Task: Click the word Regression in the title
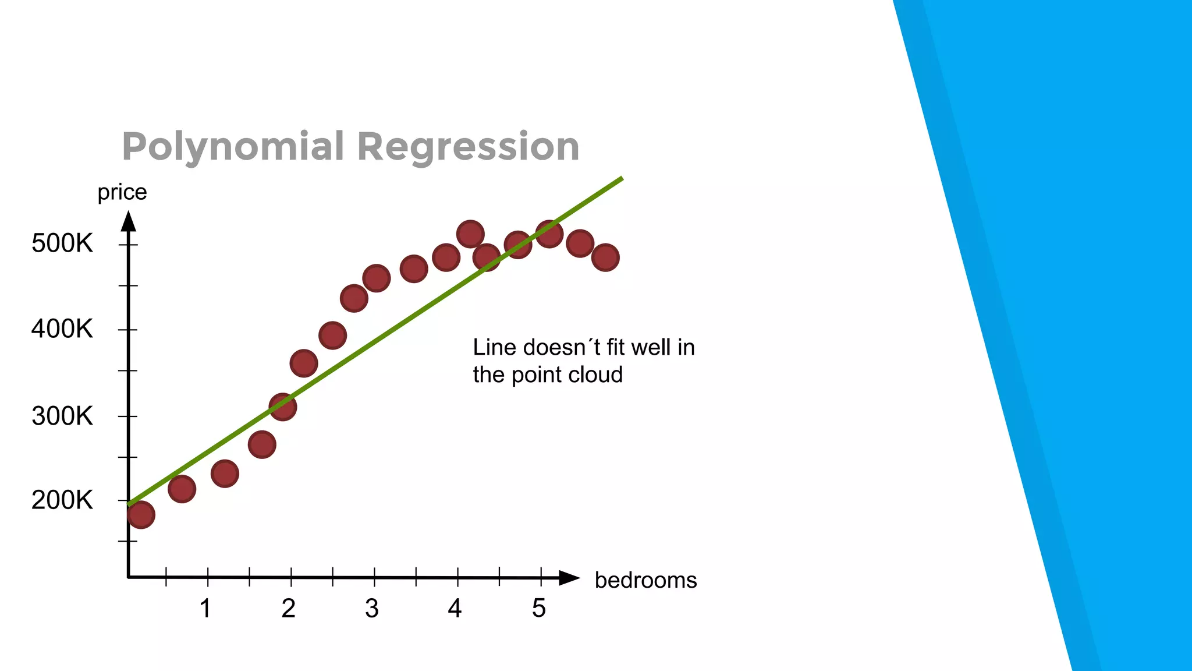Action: coord(468,147)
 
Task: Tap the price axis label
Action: coord(122,192)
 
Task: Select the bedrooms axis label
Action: coord(645,580)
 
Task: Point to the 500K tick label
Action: coord(62,243)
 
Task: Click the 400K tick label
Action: coord(62,330)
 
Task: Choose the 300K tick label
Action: coord(62,416)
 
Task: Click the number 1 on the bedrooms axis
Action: coord(205,609)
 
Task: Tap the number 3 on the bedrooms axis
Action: coord(372,609)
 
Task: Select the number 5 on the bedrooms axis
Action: coord(539,609)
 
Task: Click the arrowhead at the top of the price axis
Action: coord(129,221)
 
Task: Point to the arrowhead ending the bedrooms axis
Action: coord(569,578)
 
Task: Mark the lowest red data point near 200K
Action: coord(141,515)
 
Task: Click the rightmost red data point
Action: coord(605,257)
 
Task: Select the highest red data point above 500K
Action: coord(470,234)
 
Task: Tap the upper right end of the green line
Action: coord(620,179)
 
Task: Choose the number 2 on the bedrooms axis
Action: coord(289,609)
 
